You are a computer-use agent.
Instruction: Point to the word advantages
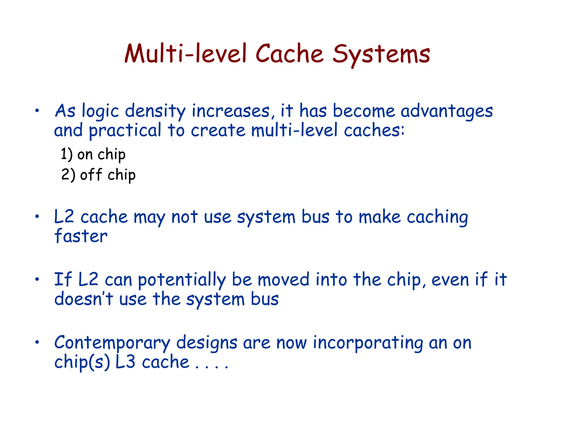pyautogui.click(x=446, y=112)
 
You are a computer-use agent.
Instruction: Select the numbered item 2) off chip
pyautogui.click(x=98, y=175)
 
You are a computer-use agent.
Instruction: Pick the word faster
pyautogui.click(x=81, y=236)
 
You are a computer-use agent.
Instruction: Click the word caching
pyautogui.click(x=437, y=217)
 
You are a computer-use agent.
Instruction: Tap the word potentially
pyautogui.click(x=182, y=280)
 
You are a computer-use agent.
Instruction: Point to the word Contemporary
pyautogui.click(x=112, y=343)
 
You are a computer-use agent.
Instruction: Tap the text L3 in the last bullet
pyautogui.click(x=125, y=362)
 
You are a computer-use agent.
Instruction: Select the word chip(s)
pyautogui.click(x=82, y=363)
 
